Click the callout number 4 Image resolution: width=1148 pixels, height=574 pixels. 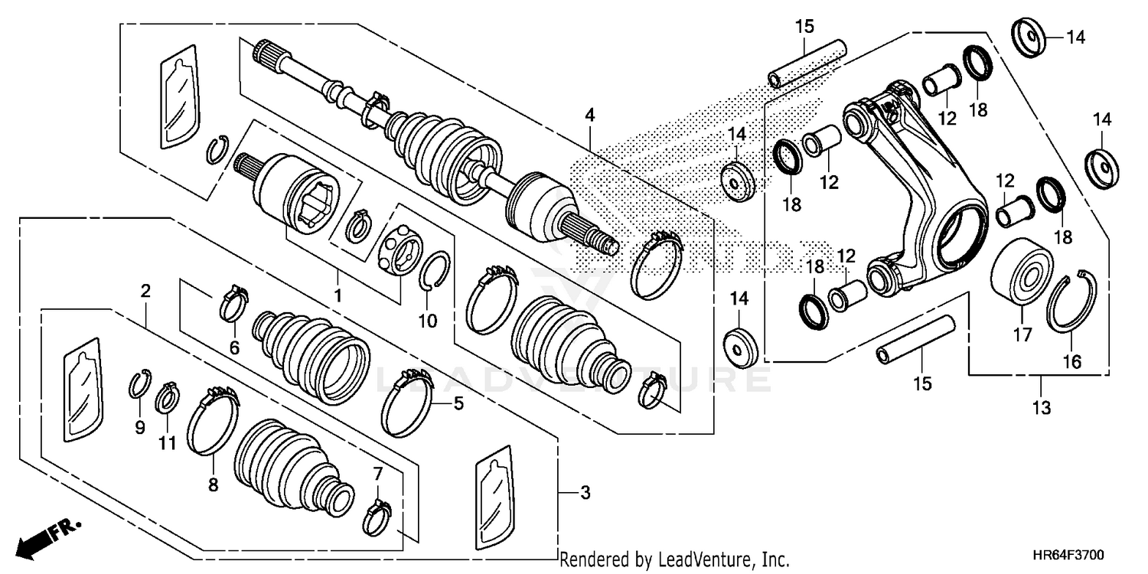point(589,116)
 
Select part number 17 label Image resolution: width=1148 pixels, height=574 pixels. point(1022,334)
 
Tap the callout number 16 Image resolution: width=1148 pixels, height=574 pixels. point(1073,361)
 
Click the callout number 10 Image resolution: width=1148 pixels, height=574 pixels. point(427,321)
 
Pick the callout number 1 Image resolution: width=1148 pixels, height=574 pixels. point(338,294)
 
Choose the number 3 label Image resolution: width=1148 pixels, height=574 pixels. point(585,494)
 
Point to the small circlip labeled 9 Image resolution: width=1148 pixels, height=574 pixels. point(139,383)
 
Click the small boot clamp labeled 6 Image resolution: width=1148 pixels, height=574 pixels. point(235,302)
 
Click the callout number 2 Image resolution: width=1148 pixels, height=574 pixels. point(145,291)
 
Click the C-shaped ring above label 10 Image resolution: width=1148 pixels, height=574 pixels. point(435,270)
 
